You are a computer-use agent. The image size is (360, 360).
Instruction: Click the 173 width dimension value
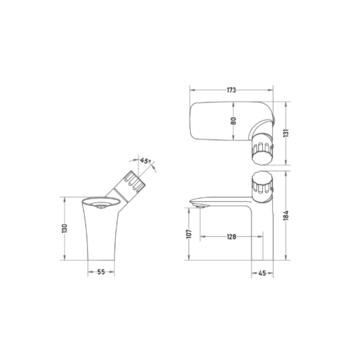tap(231, 90)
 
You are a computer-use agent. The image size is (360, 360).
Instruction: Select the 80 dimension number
tap(233, 121)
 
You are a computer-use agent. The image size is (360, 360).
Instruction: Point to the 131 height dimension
tap(286, 133)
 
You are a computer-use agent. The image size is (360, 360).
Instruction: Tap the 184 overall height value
tap(286, 216)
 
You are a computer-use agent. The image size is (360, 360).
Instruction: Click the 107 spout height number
tap(189, 234)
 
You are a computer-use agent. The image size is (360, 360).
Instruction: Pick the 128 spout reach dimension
tap(231, 237)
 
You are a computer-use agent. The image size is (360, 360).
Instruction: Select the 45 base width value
tap(262, 273)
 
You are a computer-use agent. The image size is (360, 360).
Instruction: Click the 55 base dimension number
tap(101, 272)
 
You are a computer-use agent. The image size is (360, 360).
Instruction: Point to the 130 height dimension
tap(65, 228)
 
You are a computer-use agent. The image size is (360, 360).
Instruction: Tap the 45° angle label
tap(146, 160)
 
